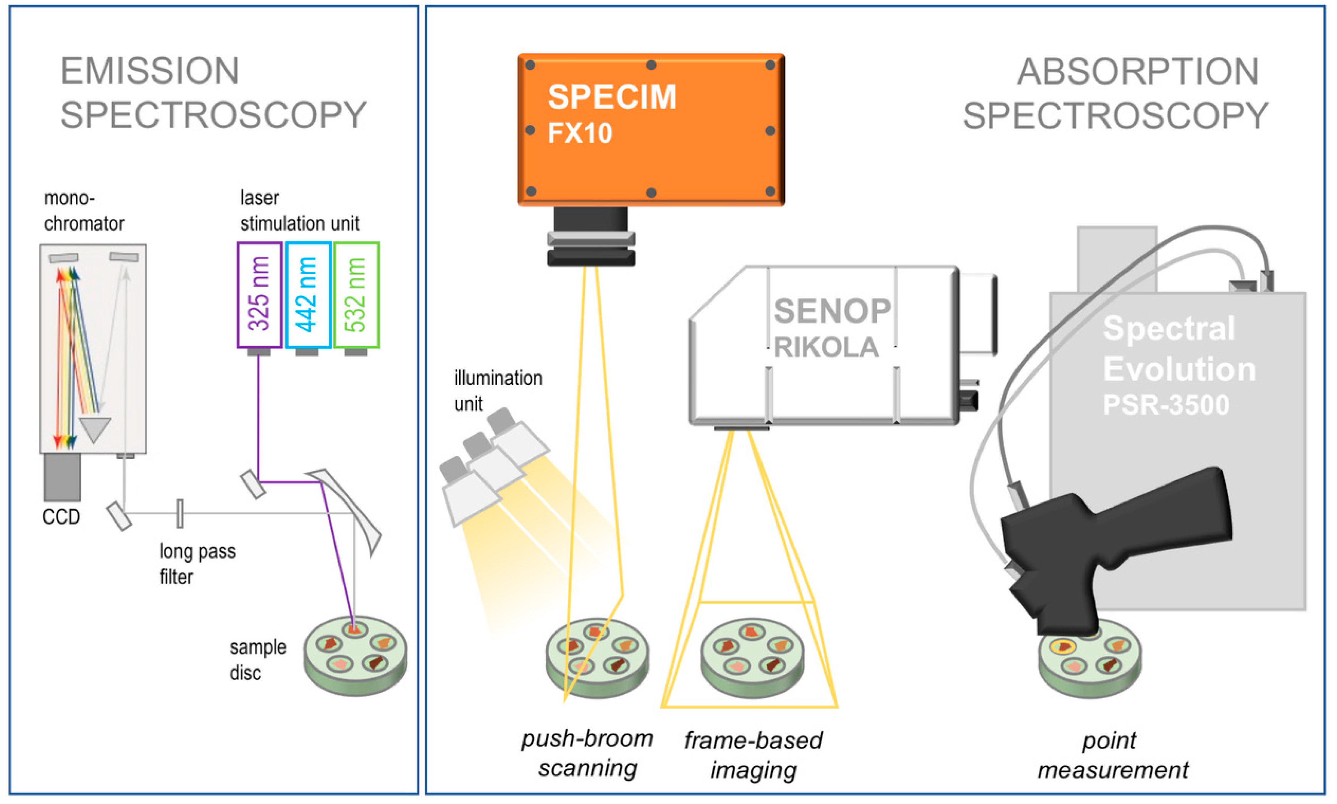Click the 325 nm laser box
click(x=259, y=294)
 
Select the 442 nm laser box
click(x=307, y=294)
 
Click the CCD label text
click(x=61, y=517)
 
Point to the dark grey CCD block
click(x=62, y=477)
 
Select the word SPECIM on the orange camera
click(x=611, y=97)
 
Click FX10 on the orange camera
click(x=579, y=133)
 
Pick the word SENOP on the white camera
click(x=831, y=312)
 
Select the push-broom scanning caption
click(x=587, y=753)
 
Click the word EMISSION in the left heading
click(x=150, y=71)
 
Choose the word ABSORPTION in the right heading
click(x=1137, y=72)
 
